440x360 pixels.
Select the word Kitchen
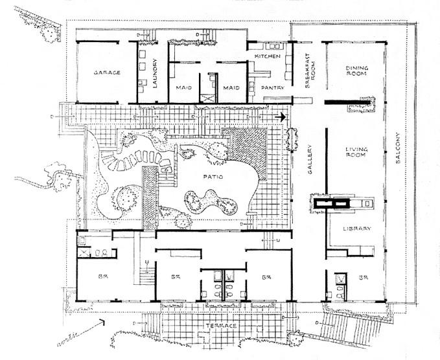point(268,57)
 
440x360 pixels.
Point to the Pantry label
point(270,87)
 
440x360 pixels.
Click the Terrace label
point(219,325)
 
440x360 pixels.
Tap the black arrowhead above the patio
point(281,117)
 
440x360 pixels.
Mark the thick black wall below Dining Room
point(350,102)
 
